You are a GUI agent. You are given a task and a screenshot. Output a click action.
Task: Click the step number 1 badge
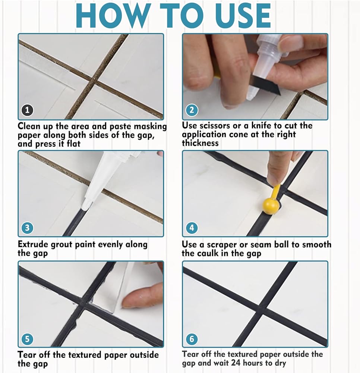(x=27, y=110)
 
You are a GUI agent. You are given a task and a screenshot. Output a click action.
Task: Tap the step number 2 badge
(x=192, y=110)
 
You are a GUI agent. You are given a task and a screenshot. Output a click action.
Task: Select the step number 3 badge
(x=27, y=228)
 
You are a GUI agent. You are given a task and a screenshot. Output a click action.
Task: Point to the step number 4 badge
(x=192, y=228)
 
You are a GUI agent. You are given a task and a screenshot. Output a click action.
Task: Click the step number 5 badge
(x=27, y=339)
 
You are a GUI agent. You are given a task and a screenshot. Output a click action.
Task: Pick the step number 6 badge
(x=192, y=339)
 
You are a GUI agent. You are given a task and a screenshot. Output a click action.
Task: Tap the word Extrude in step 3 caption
(x=32, y=244)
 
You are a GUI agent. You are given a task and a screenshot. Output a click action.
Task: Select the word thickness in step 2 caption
(x=200, y=143)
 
